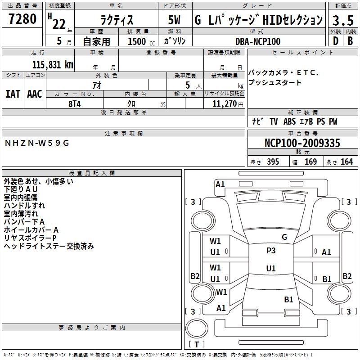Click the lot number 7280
22,19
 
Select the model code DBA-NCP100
258,41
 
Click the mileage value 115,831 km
53,64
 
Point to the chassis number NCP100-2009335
302,144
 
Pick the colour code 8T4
75,103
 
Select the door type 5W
175,20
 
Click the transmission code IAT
13,94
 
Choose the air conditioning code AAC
35,94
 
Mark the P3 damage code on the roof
271,251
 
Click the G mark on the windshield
284,237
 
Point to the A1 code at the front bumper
220,184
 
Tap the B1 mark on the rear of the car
288,299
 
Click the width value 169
310,162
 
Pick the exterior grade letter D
335,41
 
